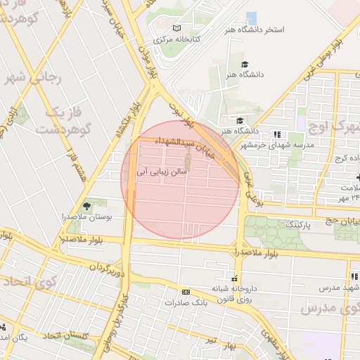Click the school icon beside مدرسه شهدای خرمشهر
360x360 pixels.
point(277,134)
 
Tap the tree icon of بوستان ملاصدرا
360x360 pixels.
point(86,206)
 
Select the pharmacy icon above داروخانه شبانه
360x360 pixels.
point(235,278)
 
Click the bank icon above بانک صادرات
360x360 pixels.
point(186,292)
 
